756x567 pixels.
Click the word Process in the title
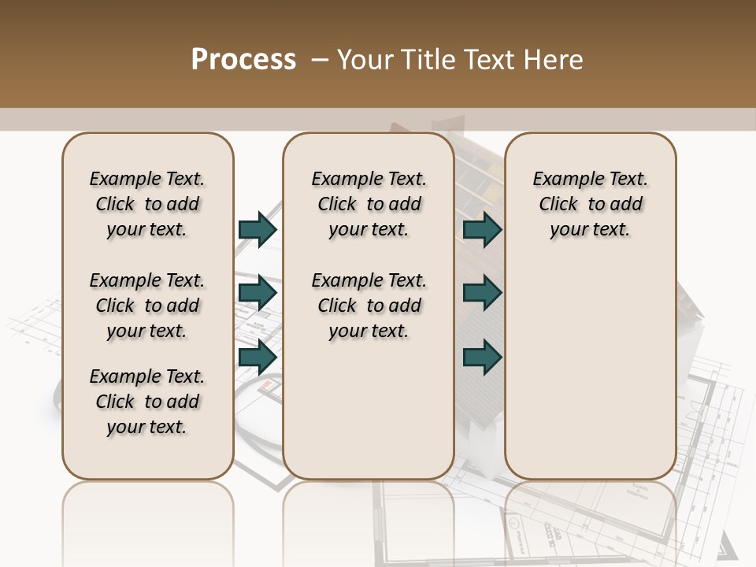point(243,60)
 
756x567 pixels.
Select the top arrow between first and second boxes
point(258,229)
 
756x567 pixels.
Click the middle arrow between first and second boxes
point(258,293)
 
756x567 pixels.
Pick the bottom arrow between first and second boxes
point(258,357)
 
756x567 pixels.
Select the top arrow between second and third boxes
point(482,229)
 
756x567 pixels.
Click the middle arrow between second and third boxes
point(482,293)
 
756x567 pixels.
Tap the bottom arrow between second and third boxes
point(482,357)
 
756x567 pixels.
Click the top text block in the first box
point(147,204)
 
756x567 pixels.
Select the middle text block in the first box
point(147,306)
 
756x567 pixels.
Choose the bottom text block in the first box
point(147,402)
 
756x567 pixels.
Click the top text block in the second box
point(369,204)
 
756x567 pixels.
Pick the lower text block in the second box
point(369,306)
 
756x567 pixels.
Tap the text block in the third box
point(591,204)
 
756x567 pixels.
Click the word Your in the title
point(365,60)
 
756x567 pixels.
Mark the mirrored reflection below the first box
point(148,520)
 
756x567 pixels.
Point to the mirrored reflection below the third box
point(591,520)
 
